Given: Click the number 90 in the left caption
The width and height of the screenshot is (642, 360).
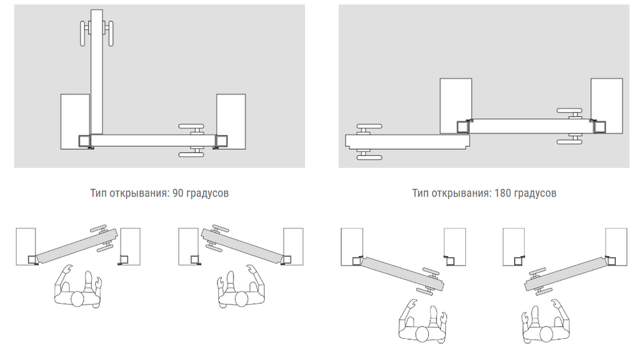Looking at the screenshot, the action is pyautogui.click(x=177, y=193).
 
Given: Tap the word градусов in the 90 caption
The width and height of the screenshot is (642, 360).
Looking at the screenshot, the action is pyautogui.click(x=207, y=193).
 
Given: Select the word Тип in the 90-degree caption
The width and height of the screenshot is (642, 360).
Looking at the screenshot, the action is pyautogui.click(x=98, y=193).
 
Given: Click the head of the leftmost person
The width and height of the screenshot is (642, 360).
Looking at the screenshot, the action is pyautogui.click(x=78, y=299).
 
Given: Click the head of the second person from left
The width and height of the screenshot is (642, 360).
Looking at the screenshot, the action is pyautogui.click(x=242, y=299).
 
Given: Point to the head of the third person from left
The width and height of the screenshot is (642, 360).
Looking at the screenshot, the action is pyautogui.click(x=422, y=334).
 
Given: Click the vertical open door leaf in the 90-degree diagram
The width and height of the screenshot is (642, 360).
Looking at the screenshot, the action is pyautogui.click(x=96, y=71).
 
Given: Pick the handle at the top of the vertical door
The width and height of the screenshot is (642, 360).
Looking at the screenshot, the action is pyautogui.click(x=96, y=33).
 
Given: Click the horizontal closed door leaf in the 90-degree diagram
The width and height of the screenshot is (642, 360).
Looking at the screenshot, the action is pyautogui.click(x=153, y=140).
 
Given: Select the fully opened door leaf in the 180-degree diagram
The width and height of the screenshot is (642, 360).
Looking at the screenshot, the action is pyautogui.click(x=407, y=141).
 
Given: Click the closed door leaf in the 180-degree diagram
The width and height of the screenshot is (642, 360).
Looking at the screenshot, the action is pyautogui.click(x=531, y=126).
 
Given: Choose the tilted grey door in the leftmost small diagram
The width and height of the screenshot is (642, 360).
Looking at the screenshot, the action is pyautogui.click(x=77, y=246).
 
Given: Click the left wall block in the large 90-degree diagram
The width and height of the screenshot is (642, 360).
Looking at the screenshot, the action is pyautogui.click(x=75, y=121).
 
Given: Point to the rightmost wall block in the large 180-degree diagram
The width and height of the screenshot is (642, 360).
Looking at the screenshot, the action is pyautogui.click(x=607, y=106).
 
